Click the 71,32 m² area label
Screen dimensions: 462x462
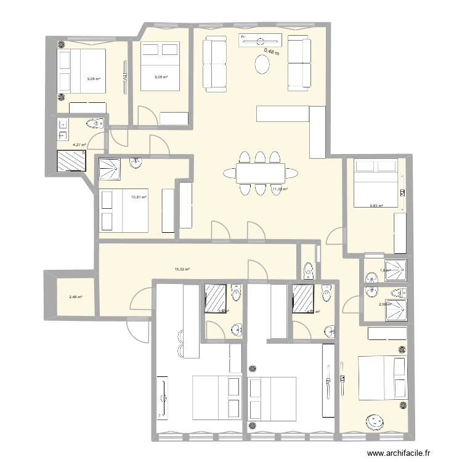(x=280, y=190)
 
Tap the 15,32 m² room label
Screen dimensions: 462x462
(x=182, y=269)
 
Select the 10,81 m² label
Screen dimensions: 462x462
(x=138, y=198)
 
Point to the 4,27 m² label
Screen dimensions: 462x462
(x=79, y=145)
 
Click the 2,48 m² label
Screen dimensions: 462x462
(x=76, y=298)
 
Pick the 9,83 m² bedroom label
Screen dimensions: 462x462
(x=376, y=206)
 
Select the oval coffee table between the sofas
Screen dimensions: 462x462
(x=263, y=64)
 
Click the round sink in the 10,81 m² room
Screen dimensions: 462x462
(x=136, y=163)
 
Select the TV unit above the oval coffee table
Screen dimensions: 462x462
(x=262, y=40)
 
